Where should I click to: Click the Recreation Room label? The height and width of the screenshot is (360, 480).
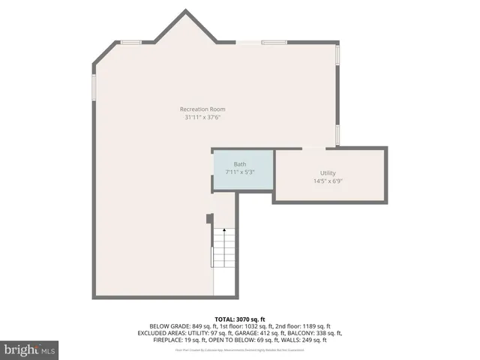click(x=202, y=109)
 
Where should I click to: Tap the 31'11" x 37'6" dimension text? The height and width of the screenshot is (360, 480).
click(x=202, y=117)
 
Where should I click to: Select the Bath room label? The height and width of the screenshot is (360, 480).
click(x=240, y=164)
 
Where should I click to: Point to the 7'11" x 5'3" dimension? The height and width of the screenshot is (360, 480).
click(x=240, y=172)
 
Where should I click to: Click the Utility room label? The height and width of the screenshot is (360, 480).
click(x=328, y=173)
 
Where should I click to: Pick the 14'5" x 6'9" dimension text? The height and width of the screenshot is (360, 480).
click(x=328, y=181)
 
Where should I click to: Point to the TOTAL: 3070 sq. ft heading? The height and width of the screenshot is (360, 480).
click(x=240, y=319)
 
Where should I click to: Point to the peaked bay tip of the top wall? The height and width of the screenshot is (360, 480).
click(x=186, y=11)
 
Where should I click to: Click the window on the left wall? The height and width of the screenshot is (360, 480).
click(x=93, y=87)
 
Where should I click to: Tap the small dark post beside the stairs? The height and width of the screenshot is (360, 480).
click(x=209, y=219)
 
